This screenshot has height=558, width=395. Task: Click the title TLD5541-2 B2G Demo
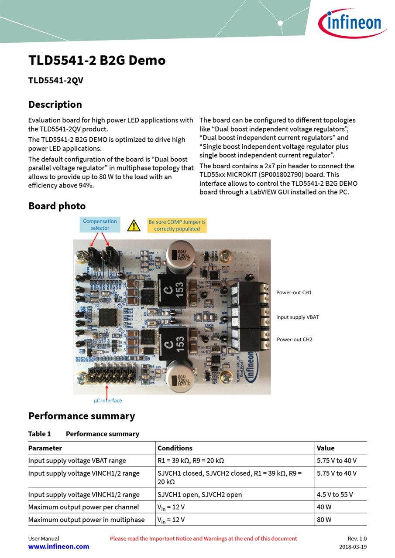pyautogui.click(x=97, y=60)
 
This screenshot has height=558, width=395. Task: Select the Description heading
pyautogui.click(x=55, y=105)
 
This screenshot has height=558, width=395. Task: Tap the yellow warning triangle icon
pyautogui.click(x=134, y=225)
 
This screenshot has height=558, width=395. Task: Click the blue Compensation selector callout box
pyautogui.click(x=100, y=225)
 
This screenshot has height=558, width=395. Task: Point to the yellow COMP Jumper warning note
pyautogui.click(x=177, y=225)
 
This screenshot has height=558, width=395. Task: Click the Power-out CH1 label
pyautogui.click(x=294, y=293)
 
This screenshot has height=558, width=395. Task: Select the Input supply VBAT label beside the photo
pyautogui.click(x=297, y=317)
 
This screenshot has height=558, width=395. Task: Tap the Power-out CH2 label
pyautogui.click(x=294, y=339)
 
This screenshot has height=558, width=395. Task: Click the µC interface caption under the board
pyautogui.click(x=108, y=400)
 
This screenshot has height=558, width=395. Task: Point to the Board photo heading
pyautogui.click(x=57, y=206)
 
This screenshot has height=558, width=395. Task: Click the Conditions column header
pyautogui.click(x=175, y=448)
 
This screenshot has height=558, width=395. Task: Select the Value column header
pyautogui.click(x=326, y=448)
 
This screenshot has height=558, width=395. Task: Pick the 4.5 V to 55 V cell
pyautogui.click(x=335, y=494)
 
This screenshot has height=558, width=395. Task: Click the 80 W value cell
pyautogui.click(x=324, y=520)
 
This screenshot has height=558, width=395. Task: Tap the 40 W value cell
pyautogui.click(x=324, y=507)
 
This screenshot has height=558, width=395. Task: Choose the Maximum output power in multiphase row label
pyautogui.click(x=86, y=520)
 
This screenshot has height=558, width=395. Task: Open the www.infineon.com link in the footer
pyautogui.click(x=58, y=547)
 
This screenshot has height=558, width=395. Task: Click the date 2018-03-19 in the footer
pyautogui.click(x=353, y=547)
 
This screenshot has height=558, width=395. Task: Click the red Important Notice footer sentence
pyautogui.click(x=203, y=538)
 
